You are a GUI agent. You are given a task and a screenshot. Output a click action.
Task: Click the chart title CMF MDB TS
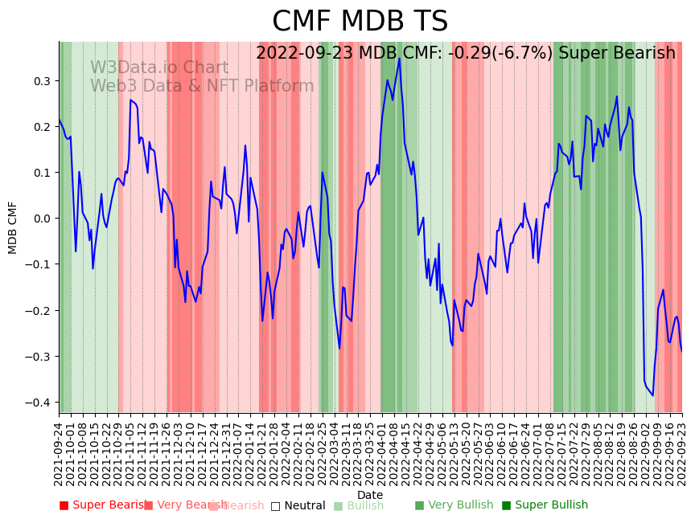point(360,22)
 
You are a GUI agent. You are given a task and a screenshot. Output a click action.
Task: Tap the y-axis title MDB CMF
point(13,227)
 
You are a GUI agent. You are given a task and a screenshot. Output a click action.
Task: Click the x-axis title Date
point(370,495)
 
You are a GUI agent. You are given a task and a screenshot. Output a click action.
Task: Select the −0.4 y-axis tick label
point(38,403)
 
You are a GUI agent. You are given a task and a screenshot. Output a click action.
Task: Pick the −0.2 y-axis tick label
point(38,311)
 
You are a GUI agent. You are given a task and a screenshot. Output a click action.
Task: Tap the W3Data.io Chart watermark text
point(159,68)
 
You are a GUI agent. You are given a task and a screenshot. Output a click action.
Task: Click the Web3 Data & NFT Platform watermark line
point(202,86)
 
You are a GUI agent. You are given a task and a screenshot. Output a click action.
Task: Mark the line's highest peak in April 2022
point(399,58)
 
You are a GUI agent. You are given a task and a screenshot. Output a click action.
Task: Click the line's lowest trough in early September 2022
point(652,395)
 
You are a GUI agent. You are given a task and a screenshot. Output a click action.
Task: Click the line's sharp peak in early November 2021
point(130,100)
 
